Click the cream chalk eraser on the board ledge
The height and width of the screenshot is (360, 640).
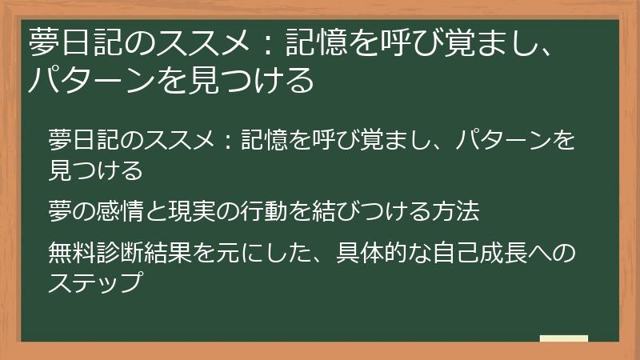(x=563, y=339)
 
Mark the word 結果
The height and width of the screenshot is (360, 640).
(x=159, y=254)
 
